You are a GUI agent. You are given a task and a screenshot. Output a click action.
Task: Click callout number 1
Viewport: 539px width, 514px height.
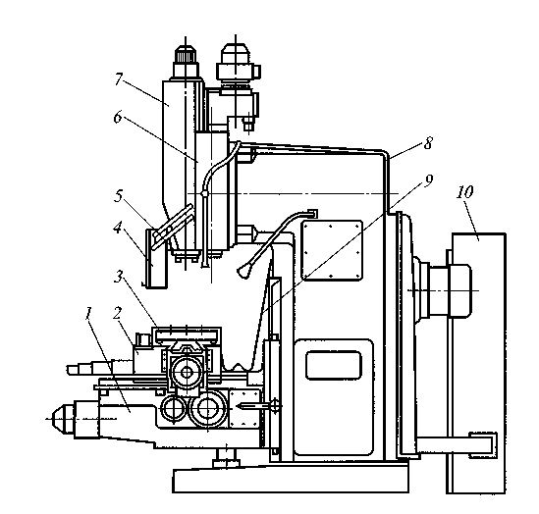88,314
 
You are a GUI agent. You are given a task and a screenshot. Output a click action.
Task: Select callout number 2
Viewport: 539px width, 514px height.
118,313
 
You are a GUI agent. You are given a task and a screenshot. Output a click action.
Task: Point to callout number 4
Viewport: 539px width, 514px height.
118,228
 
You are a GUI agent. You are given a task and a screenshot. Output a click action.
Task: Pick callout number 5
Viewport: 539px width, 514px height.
118,196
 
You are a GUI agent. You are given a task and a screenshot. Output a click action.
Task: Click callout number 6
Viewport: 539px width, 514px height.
118,118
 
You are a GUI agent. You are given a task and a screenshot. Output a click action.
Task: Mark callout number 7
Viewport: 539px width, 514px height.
119,79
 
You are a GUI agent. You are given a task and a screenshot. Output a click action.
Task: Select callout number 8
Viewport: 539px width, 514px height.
428,143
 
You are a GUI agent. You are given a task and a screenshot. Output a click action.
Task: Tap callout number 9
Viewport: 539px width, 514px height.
428,180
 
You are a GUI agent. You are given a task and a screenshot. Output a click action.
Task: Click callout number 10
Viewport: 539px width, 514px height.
464,192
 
